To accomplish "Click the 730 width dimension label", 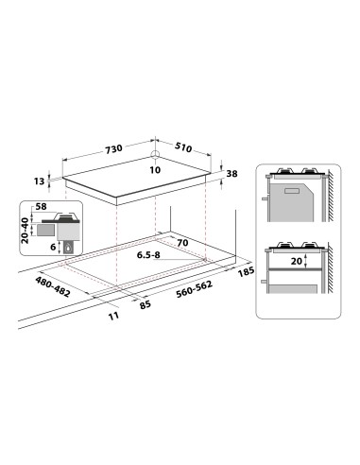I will pos(114,150).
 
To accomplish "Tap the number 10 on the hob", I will pos(155,170).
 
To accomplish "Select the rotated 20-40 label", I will pos(26,228).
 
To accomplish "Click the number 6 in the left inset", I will pos(55,246).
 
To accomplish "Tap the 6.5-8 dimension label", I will pos(149,254).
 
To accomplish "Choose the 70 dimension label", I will pos(183,243).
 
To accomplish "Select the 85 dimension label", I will pos(146,304).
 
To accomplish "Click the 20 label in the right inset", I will pos(298,260).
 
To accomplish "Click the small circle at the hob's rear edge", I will pos(155,157).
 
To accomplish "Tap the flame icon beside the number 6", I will pos(64,247).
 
